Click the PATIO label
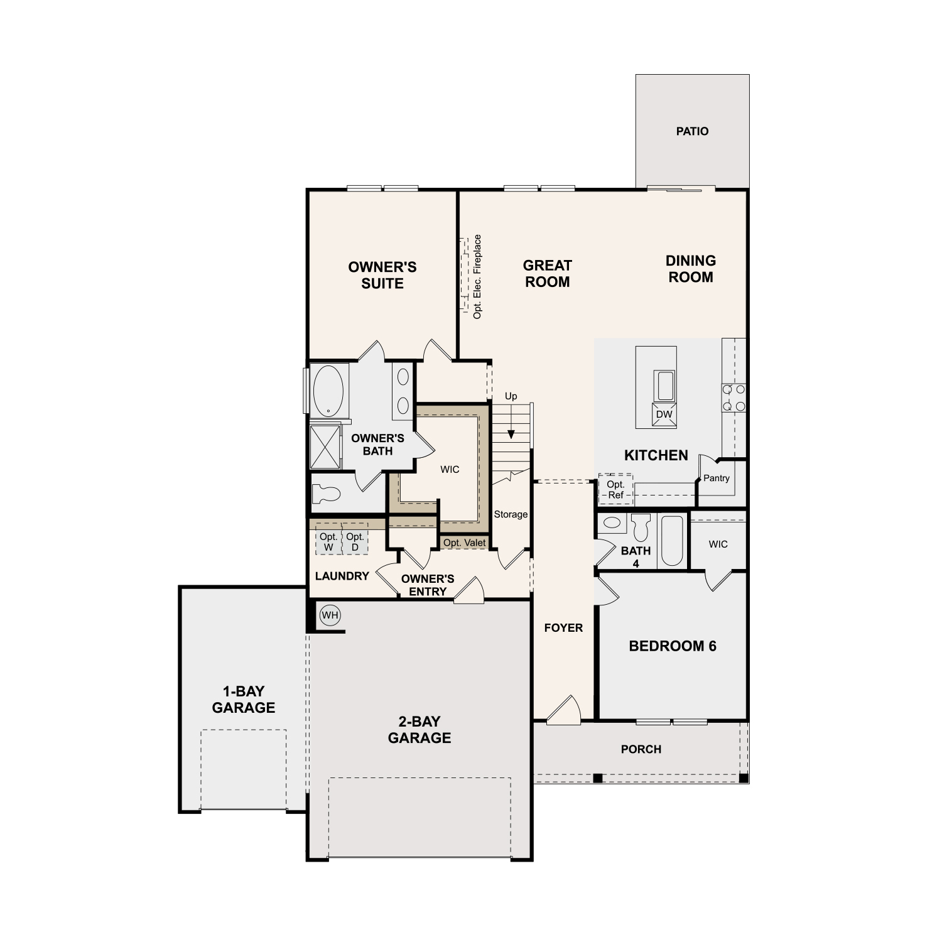(692, 131)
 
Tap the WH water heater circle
(330, 615)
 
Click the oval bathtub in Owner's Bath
(328, 391)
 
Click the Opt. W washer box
(328, 541)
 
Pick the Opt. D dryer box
(355, 541)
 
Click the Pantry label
(717, 478)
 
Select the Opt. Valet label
(464, 543)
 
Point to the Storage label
(511, 514)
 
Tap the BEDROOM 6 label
(673, 646)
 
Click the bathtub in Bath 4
(672, 541)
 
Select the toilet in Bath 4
(641, 527)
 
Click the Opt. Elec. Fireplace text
(477, 276)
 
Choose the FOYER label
(563, 628)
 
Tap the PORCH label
(641, 749)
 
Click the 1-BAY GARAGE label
(244, 700)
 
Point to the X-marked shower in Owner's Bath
(326, 447)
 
